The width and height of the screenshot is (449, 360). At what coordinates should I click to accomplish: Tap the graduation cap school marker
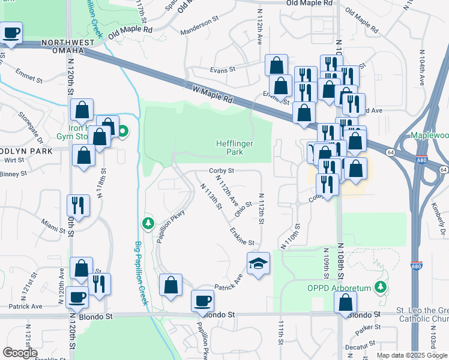point(259,263)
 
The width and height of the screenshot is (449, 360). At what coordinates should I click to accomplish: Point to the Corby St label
point(221,170)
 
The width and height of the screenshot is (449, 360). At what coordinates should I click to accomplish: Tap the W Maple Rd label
point(212,95)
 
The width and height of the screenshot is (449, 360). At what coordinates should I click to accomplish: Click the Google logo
point(20,353)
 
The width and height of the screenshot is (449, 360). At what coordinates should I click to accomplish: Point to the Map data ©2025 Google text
point(411,355)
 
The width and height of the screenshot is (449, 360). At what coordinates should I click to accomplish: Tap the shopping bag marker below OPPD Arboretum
point(345,304)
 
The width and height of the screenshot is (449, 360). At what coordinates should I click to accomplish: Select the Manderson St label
point(197,23)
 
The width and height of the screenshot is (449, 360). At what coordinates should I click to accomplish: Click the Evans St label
point(222,70)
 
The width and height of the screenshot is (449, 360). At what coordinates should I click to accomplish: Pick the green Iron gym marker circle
point(123,131)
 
